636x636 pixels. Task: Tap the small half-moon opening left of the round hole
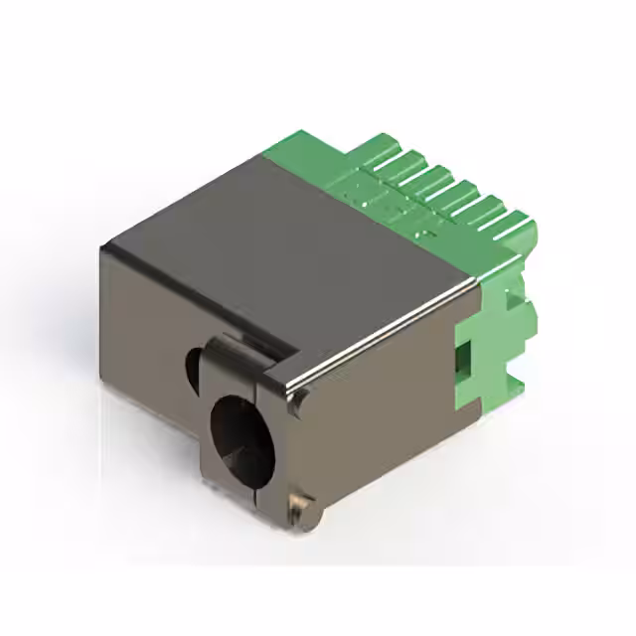191,371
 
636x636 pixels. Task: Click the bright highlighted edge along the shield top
388,333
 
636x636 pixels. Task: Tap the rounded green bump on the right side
530,318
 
